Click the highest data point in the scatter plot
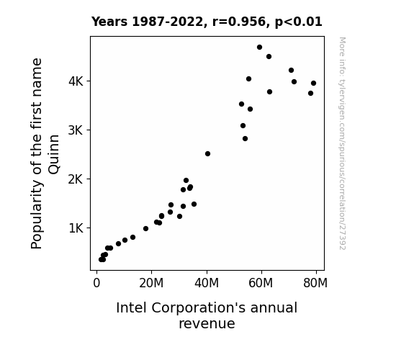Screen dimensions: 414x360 click(x=259, y=48)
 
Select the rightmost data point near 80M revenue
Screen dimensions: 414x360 click(x=313, y=84)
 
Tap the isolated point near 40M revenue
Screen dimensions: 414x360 click(x=207, y=153)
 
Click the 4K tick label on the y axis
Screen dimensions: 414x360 click(x=76, y=81)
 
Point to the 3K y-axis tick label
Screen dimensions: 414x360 click(x=76, y=130)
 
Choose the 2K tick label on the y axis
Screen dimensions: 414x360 click(x=76, y=179)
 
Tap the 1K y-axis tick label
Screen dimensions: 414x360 click(x=76, y=228)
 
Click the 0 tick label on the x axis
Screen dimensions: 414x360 click(x=96, y=283)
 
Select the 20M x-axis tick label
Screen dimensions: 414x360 click(x=151, y=283)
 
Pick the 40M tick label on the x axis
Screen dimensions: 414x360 click(x=207, y=283)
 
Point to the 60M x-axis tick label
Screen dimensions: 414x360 click(x=261, y=283)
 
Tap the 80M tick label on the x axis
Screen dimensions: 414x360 click(x=315, y=283)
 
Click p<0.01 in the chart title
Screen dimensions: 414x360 click(x=299, y=22)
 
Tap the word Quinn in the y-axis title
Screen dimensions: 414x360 click(x=54, y=155)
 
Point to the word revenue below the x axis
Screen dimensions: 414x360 click(x=207, y=323)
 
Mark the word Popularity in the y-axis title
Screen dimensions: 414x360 click(x=37, y=215)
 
